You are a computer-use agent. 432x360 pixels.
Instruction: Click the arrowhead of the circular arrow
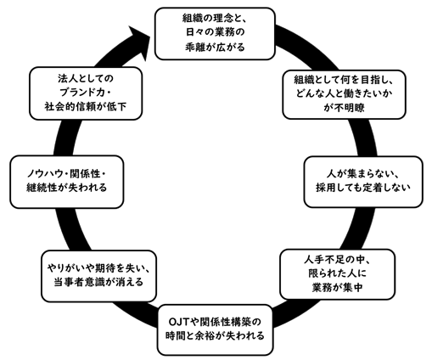click(x=138, y=42)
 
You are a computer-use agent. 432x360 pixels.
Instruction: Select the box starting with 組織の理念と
click(x=215, y=34)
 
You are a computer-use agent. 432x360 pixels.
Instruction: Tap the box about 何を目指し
click(x=344, y=94)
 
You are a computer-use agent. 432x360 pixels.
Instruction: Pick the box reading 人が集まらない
click(x=363, y=182)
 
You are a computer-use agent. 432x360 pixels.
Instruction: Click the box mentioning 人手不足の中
click(x=337, y=274)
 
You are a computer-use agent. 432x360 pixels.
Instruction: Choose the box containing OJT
click(x=215, y=329)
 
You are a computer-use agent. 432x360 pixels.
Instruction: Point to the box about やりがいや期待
click(x=98, y=276)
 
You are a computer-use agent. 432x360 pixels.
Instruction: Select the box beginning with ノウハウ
click(x=67, y=182)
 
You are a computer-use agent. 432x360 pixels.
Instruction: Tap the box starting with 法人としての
click(x=86, y=93)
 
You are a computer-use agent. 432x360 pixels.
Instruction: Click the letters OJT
click(x=179, y=322)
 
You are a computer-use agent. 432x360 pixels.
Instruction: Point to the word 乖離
click(x=195, y=47)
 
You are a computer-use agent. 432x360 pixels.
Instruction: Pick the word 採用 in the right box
click(x=326, y=188)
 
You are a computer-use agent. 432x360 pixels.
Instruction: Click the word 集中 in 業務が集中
click(x=352, y=288)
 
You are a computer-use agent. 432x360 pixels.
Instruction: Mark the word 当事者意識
click(x=80, y=282)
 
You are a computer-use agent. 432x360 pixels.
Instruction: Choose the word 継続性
click(x=42, y=188)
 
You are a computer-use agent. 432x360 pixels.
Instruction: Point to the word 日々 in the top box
click(x=195, y=32)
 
